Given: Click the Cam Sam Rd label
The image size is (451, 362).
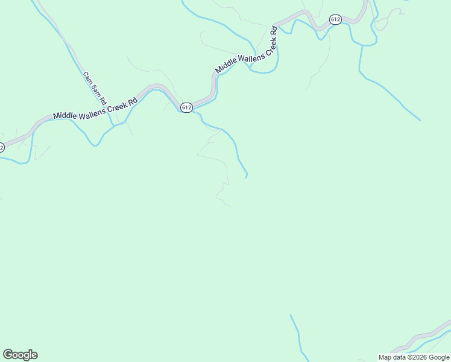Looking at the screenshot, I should click(x=95, y=87).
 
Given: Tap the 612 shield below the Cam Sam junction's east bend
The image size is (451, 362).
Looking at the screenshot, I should click(x=186, y=107).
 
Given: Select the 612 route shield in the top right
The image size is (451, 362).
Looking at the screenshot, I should click(x=336, y=20).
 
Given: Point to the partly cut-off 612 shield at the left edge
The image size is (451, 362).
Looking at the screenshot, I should click(x=1, y=147).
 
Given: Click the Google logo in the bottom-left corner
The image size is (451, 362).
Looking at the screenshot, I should click(x=20, y=355).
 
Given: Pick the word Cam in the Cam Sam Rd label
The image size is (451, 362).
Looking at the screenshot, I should click(x=87, y=77).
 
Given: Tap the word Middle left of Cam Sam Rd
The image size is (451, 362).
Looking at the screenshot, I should click(x=65, y=114).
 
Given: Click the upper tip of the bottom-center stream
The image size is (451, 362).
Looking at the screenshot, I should click(x=291, y=315).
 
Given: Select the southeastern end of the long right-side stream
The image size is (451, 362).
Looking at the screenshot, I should click(x=420, y=120).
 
